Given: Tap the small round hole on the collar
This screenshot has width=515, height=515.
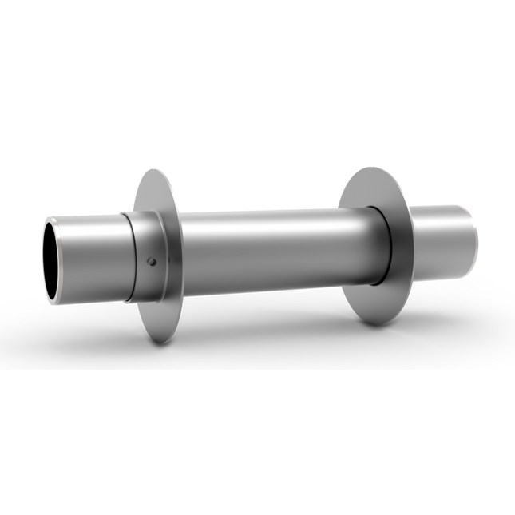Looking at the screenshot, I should pos(151,260).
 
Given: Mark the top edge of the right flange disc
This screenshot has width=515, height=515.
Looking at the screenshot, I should pos(375,169).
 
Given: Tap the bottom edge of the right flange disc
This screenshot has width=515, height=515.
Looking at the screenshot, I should pos(375,323).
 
